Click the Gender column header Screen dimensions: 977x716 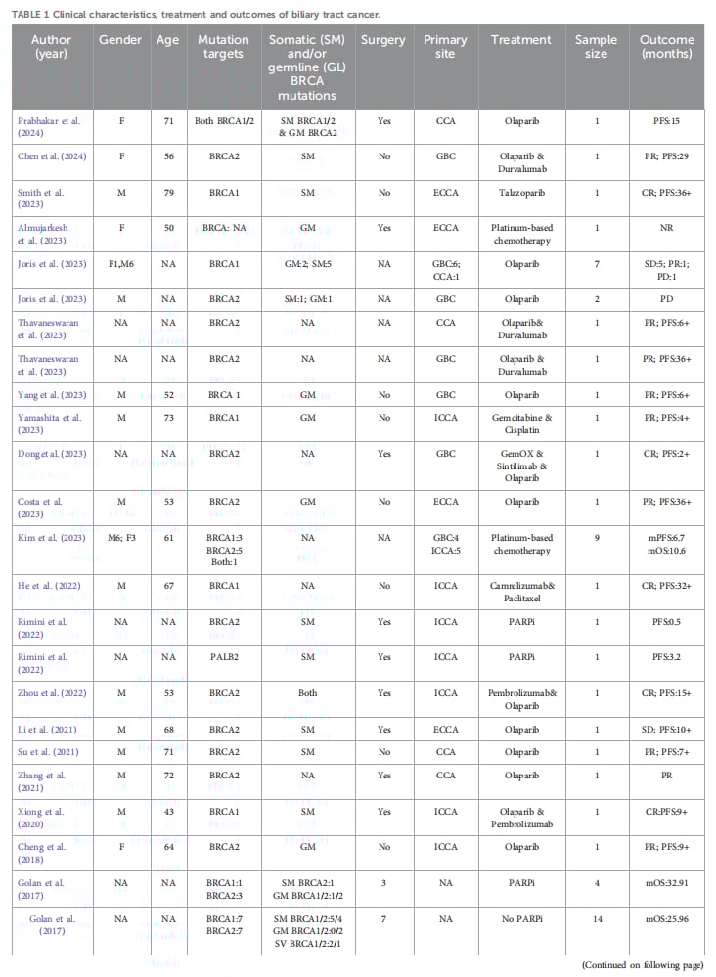121,40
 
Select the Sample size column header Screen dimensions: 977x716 597,47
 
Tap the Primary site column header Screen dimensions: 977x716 445,47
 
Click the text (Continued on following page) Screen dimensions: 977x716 642,965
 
